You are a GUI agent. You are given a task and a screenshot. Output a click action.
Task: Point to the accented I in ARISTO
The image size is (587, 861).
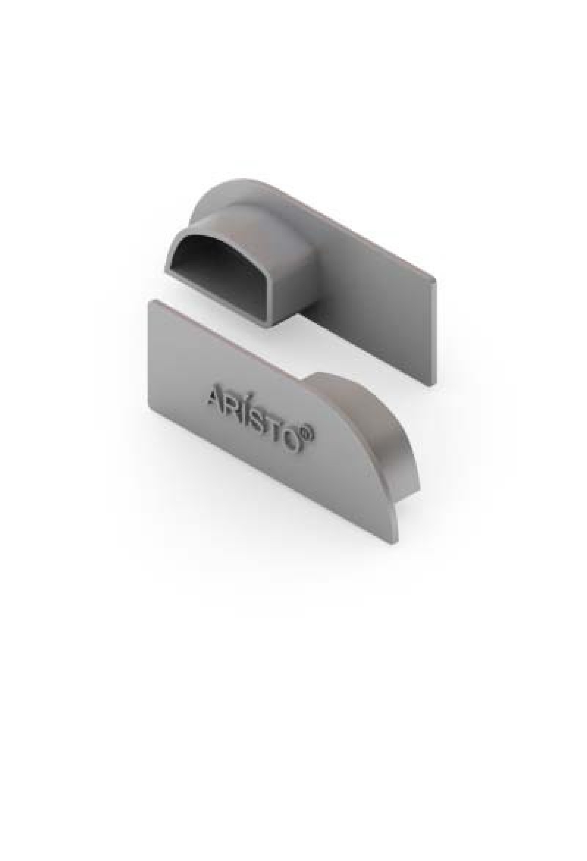pyautogui.click(x=249, y=407)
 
